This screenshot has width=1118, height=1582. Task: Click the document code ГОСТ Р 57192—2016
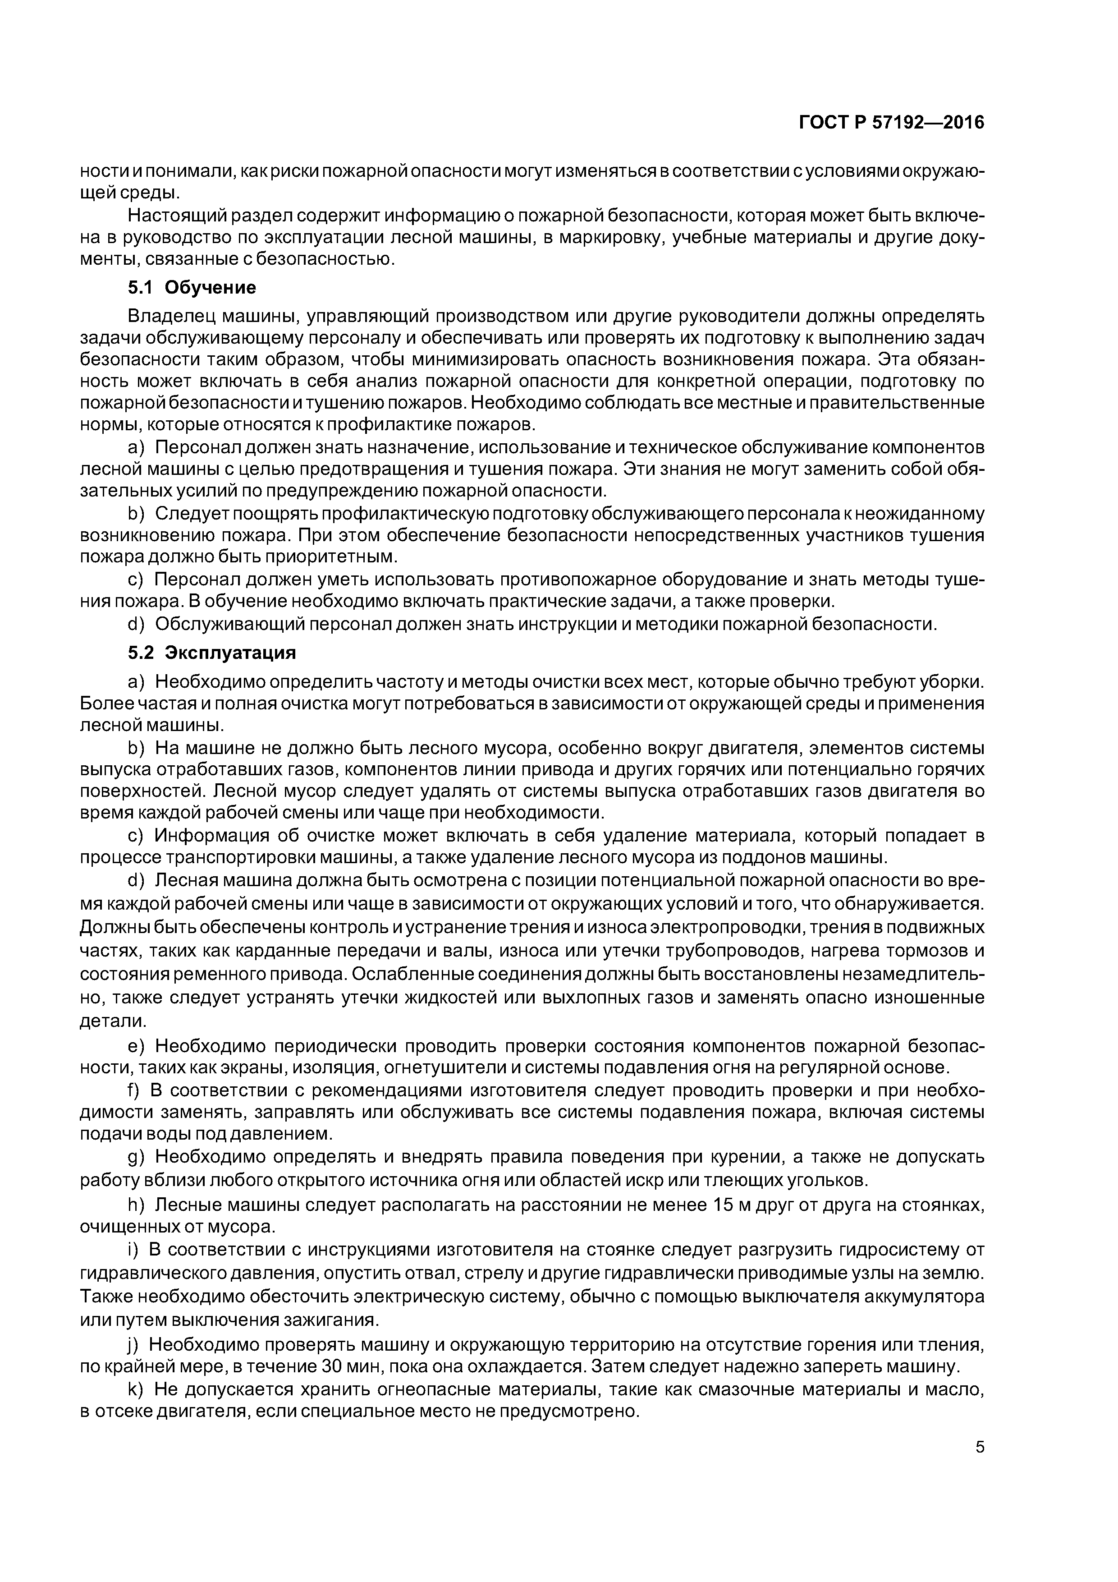coord(891,123)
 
